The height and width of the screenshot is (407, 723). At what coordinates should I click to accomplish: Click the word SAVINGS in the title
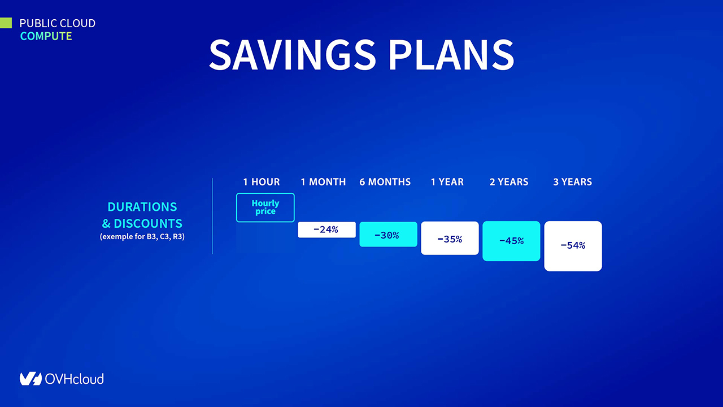tap(293, 55)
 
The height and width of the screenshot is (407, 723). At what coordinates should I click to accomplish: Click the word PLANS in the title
tap(451, 55)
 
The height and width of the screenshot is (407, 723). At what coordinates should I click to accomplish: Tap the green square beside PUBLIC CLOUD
tap(6, 23)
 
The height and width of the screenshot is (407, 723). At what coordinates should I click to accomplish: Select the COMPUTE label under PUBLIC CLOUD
tap(46, 36)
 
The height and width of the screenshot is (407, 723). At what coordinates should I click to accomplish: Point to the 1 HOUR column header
tap(262, 182)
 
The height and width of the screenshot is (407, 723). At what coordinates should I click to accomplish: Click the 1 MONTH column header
tap(323, 182)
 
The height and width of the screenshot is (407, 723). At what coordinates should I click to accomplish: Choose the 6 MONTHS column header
tap(385, 182)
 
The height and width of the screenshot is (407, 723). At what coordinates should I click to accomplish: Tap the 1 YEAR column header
tap(447, 182)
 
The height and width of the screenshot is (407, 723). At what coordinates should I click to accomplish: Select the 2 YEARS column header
tap(509, 182)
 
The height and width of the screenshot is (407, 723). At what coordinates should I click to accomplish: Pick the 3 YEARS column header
tap(573, 182)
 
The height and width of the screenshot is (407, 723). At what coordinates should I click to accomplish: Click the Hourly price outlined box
tap(265, 193)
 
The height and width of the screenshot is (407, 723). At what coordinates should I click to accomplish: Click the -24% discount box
tap(326, 230)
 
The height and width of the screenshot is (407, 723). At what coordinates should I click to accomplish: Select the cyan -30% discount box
tap(388, 235)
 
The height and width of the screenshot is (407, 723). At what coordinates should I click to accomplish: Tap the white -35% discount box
tap(450, 239)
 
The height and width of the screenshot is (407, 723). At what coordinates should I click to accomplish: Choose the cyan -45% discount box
tap(511, 241)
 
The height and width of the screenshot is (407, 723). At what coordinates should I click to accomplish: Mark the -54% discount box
tap(573, 246)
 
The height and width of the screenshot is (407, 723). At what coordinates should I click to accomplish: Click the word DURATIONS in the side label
tap(142, 207)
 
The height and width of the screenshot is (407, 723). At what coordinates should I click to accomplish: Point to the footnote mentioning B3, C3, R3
tap(142, 236)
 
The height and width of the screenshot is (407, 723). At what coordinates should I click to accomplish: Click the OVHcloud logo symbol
tap(31, 379)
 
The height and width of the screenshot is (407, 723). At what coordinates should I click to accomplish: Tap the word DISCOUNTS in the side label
tap(148, 223)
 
